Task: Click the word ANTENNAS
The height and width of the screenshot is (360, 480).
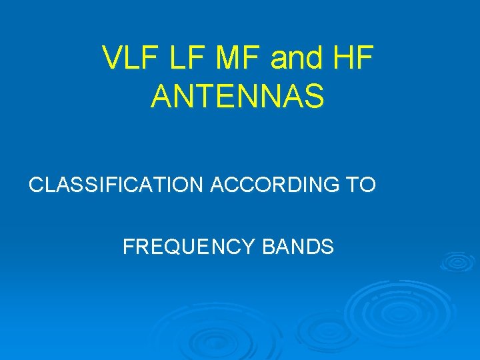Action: (238, 96)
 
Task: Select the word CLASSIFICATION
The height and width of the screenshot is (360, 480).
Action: (116, 185)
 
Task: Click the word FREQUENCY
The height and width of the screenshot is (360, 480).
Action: (189, 247)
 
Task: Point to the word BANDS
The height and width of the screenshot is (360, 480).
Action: (298, 247)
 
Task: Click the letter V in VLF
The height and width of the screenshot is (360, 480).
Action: (112, 59)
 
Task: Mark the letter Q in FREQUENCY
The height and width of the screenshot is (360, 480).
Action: (177, 247)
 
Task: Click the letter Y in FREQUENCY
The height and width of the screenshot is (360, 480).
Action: (249, 247)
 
